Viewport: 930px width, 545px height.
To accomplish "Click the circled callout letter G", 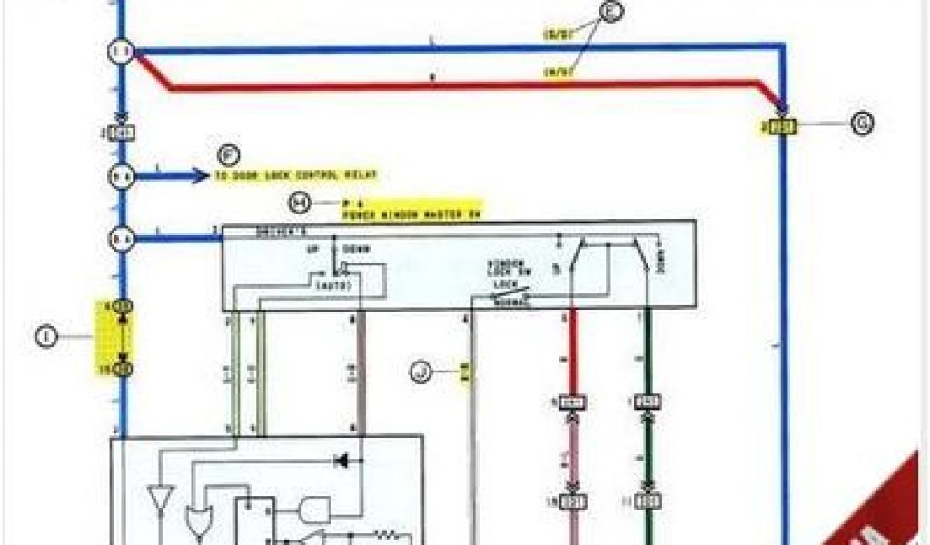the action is (x=862, y=124).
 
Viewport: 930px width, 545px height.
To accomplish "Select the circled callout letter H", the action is (x=299, y=201).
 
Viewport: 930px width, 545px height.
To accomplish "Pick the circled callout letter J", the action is (x=420, y=371).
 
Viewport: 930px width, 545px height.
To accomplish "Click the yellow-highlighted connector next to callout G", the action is (x=778, y=126).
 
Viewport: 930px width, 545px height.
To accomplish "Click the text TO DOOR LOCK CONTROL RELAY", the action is (x=296, y=175).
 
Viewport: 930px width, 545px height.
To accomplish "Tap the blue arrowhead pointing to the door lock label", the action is (x=202, y=175).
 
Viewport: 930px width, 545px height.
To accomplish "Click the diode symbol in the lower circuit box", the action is (x=343, y=461).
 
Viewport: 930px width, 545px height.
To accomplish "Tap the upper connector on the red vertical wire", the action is (x=572, y=401).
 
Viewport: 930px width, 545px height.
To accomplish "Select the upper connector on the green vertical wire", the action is (x=648, y=401).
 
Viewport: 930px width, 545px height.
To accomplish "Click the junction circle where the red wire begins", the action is (x=123, y=53).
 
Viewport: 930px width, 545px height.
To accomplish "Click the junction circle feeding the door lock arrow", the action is (x=123, y=176).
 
